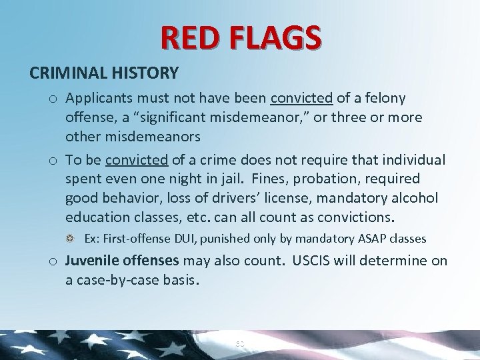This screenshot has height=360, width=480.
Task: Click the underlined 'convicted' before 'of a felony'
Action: coord(301,99)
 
